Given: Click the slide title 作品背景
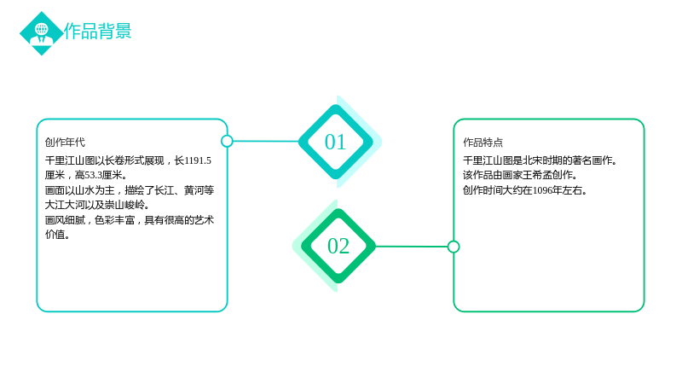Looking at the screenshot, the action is point(98,32).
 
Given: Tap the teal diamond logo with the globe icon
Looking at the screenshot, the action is point(42,33).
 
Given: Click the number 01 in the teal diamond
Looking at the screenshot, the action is point(335,143).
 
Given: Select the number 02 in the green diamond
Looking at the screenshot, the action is point(338,247).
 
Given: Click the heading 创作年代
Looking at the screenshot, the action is point(66,143).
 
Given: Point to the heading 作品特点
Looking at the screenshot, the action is point(483,143).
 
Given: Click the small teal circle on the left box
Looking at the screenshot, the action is point(227,141).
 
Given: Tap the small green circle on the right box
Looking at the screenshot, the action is point(454,247).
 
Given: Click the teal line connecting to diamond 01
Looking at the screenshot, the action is point(266,141).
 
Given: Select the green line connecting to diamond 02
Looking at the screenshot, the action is point(412,247).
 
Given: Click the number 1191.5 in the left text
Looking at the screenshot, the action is point(198,160).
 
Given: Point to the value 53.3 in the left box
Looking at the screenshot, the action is point(94,175).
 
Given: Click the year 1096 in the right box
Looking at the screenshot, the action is point(542,190).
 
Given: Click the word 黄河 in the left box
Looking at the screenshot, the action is point(194,190).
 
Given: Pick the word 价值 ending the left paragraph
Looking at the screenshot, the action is point(55,234).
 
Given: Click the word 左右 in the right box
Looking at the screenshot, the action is point(573,190).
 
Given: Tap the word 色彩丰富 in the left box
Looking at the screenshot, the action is point(115,220).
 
